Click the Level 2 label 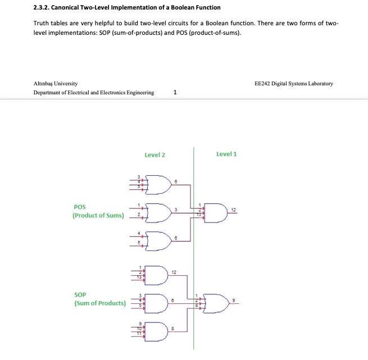[155, 154]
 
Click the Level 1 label [226, 154]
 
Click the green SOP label [80, 294]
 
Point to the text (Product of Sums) [98, 216]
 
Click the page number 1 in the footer [176, 93]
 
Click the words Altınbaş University [56, 83]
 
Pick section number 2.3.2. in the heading [44, 7]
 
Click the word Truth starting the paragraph [43, 24]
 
